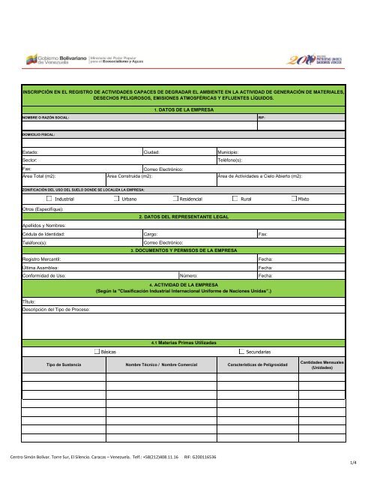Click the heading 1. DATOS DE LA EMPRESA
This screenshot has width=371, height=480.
coord(184,109)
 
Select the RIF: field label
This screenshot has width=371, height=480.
coord(262,118)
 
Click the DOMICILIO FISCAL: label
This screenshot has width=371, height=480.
coord(43,135)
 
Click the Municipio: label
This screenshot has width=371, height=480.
coord(231,151)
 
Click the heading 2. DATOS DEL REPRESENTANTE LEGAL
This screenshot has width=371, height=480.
coord(184,216)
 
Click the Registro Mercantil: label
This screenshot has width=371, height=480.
coord(41,258)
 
